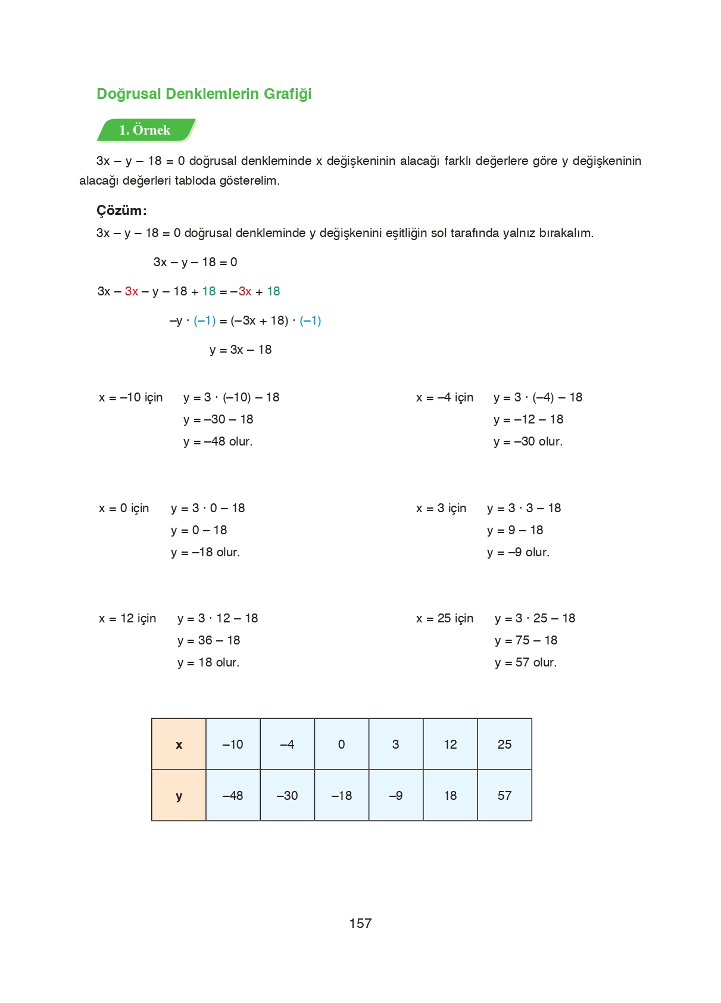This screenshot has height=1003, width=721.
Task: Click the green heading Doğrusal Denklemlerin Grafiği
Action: point(204,94)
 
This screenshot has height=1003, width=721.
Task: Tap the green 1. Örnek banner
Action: point(145,130)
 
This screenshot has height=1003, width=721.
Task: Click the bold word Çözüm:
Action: point(121,210)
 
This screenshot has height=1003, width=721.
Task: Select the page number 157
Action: point(360,923)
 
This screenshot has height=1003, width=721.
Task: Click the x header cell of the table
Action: point(179,745)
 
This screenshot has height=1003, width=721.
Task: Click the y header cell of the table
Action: point(179,796)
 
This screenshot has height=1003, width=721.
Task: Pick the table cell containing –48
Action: point(233,796)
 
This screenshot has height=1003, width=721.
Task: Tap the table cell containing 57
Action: point(504,796)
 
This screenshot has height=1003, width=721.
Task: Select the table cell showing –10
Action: point(233,745)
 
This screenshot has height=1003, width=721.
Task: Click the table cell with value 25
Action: point(504,745)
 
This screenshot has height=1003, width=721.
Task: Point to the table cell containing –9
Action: point(396,796)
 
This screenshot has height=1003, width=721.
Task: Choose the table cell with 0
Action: point(341,745)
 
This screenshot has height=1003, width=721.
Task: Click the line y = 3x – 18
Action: point(241,350)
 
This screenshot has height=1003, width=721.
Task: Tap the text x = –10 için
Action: point(130,397)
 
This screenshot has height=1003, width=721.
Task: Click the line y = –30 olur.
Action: point(528,441)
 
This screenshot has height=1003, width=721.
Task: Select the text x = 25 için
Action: point(444,618)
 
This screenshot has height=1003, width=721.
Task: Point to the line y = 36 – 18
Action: point(208,640)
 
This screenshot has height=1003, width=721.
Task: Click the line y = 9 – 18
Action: point(514,530)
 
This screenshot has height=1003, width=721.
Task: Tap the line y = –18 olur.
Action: point(205,552)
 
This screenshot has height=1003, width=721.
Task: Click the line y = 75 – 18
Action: point(526,640)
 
